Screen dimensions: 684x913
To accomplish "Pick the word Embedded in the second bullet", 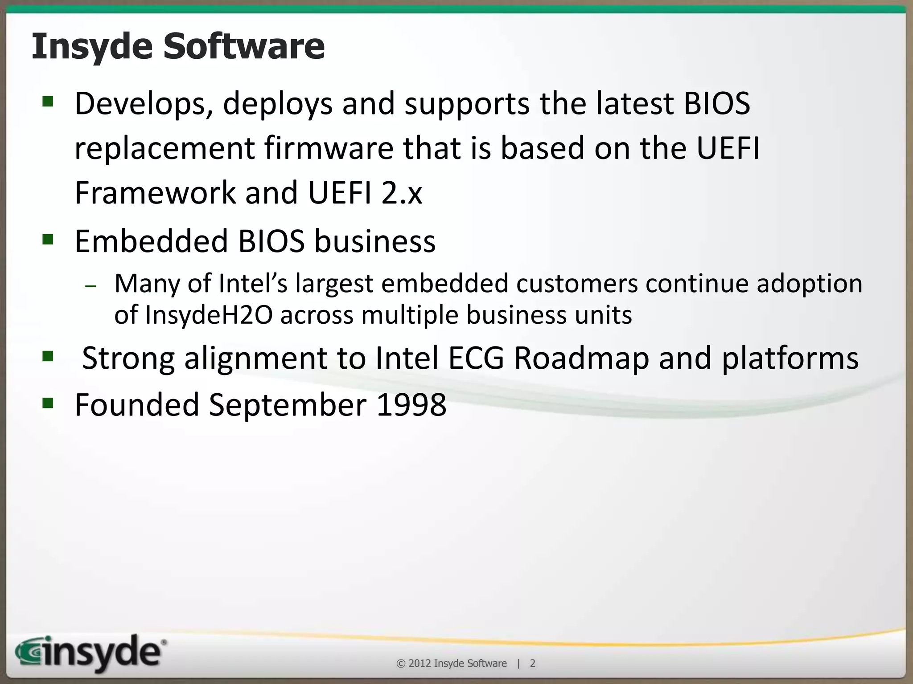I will [x=151, y=241].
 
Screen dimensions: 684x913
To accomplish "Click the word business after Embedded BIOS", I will [x=374, y=241].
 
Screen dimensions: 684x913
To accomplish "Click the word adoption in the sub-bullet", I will [x=809, y=284].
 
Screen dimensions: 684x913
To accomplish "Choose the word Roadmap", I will [x=582, y=358].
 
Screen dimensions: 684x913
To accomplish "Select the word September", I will [x=287, y=406].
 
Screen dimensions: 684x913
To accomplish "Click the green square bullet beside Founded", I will [x=48, y=403].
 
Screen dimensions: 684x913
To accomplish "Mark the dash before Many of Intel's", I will [x=90, y=286].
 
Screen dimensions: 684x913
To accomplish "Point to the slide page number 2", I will [x=532, y=664].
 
